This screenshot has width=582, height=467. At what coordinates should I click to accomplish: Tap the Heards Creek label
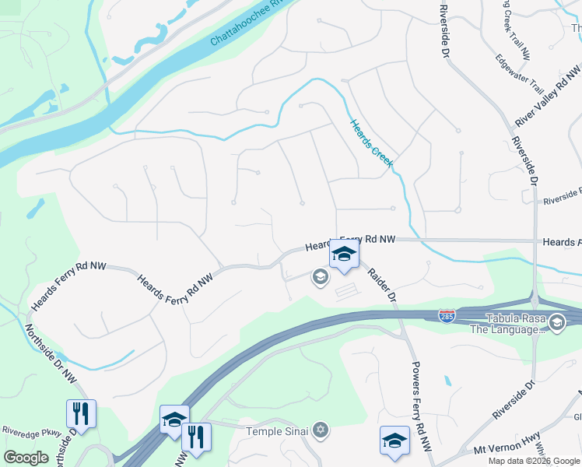tap(372, 143)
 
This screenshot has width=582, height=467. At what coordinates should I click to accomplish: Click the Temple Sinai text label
tap(278, 431)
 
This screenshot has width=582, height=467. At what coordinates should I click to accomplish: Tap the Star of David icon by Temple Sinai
tap(320, 430)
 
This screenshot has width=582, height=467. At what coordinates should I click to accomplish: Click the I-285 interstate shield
tap(447, 315)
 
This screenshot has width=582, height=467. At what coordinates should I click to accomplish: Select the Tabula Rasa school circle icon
tap(557, 322)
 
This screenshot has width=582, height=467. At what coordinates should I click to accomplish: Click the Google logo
tap(26, 458)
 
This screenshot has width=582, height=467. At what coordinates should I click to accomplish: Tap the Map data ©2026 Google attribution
tap(534, 461)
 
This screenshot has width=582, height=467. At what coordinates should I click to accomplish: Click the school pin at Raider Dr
tap(343, 255)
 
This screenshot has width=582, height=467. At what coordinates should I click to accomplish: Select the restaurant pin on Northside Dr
tap(82, 413)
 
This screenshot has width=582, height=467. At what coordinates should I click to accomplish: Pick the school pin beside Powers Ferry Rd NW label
tap(394, 440)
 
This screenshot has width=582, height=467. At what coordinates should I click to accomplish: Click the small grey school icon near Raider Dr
tap(319, 276)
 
